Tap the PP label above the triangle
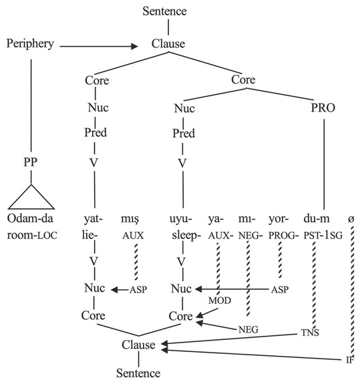[x=30, y=162]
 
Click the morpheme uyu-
[x=182, y=218]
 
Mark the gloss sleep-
[x=182, y=234]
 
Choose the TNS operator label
[x=308, y=332]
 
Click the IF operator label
[x=349, y=360]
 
